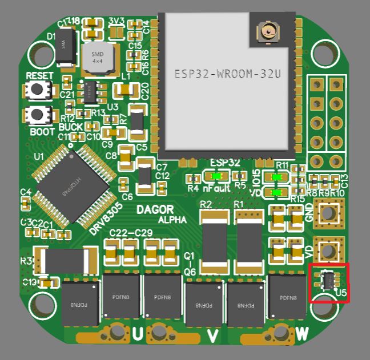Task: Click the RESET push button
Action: (x=39, y=90)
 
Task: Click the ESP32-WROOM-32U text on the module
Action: (x=227, y=74)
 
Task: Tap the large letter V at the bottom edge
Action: (x=212, y=336)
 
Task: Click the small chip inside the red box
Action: (x=328, y=280)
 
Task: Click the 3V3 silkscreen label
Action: (x=116, y=21)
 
